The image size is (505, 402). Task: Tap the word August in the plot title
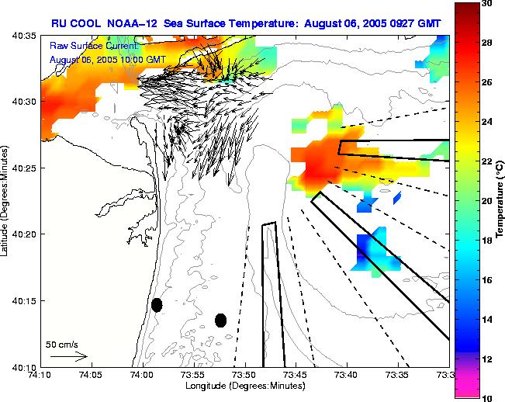coord(330,23)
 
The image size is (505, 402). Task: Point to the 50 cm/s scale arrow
coord(69,356)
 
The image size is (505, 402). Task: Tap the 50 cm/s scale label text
coord(61,344)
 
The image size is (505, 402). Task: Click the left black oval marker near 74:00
coord(157,305)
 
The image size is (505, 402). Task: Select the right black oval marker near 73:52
coord(220,320)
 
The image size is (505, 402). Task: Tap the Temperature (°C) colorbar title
coord(501,200)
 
